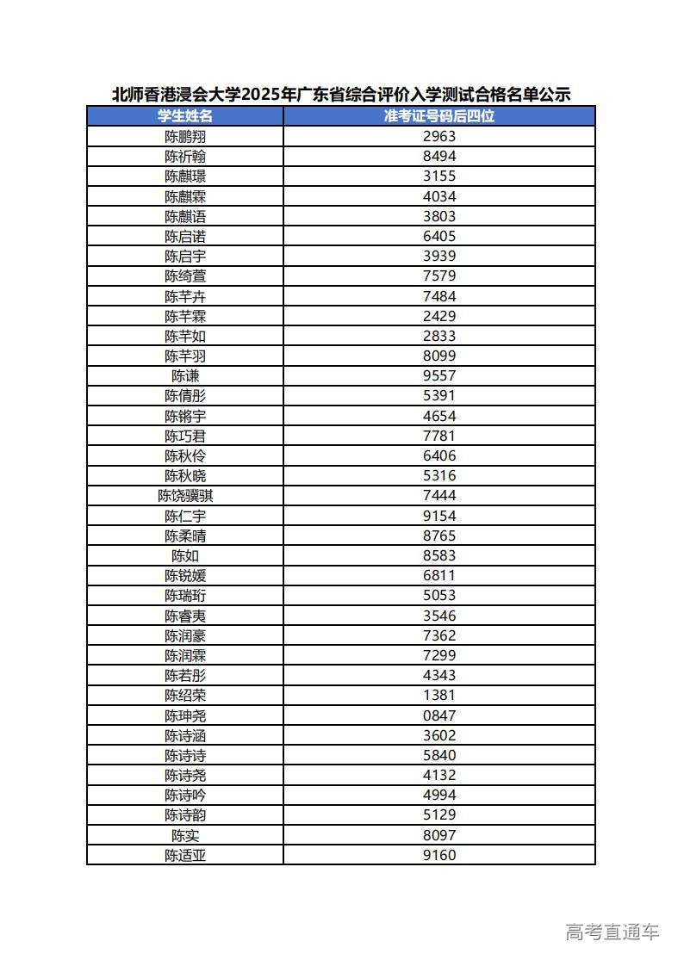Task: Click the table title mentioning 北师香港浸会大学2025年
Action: pos(341,95)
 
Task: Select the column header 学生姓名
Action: pos(185,116)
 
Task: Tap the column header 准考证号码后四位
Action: pos(439,116)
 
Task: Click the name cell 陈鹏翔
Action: pos(185,136)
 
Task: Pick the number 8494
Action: pos(439,156)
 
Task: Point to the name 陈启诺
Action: pos(185,236)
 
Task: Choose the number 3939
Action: pos(439,256)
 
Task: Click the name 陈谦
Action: pos(185,375)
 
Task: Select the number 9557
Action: pos(439,375)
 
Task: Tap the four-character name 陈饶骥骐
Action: pos(185,495)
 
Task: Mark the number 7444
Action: pos(439,495)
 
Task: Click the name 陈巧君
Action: pos(185,436)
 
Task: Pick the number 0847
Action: pos(439,715)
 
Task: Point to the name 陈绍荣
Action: pos(185,696)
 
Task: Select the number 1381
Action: pos(439,696)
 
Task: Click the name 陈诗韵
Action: pos(185,814)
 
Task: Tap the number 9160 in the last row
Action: pos(439,855)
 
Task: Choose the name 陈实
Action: pos(185,835)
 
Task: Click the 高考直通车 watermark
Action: pos(612,932)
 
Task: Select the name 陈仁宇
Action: pos(185,516)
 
